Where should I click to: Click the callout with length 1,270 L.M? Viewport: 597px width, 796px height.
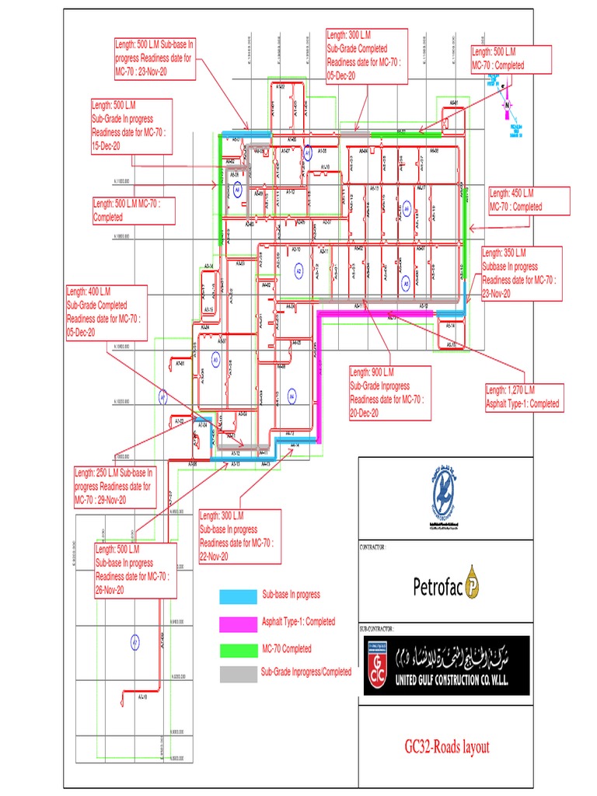point(524,396)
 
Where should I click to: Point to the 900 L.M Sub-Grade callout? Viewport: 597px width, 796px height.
point(389,393)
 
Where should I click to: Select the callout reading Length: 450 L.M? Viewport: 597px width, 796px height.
point(528,200)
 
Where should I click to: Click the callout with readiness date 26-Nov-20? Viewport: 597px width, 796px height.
point(134,570)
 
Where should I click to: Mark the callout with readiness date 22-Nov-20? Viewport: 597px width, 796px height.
point(240,536)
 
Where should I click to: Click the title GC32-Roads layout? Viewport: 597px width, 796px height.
point(447,748)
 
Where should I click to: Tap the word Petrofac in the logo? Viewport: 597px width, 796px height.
point(438,586)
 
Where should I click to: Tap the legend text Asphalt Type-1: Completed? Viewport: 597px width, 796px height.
point(298,622)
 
